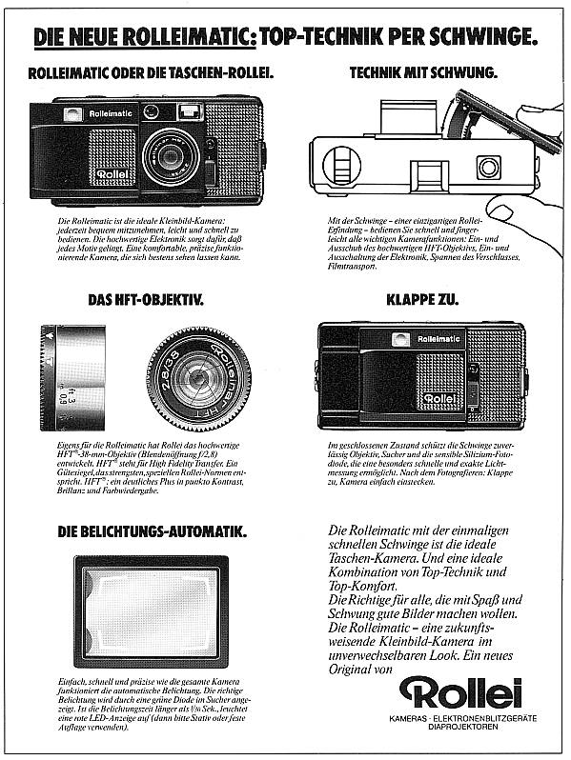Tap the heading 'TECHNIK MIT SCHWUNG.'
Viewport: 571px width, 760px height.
click(422, 72)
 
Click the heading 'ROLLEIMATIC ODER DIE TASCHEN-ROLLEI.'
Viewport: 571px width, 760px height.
click(151, 72)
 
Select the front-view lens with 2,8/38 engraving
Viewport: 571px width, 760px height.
click(198, 378)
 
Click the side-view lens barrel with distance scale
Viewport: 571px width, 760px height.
click(73, 377)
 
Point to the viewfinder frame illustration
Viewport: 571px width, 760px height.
click(151, 610)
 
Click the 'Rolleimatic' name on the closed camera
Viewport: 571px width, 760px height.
click(437, 338)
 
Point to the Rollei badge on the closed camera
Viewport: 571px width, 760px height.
click(440, 398)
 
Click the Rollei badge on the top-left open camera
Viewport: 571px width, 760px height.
click(112, 175)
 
